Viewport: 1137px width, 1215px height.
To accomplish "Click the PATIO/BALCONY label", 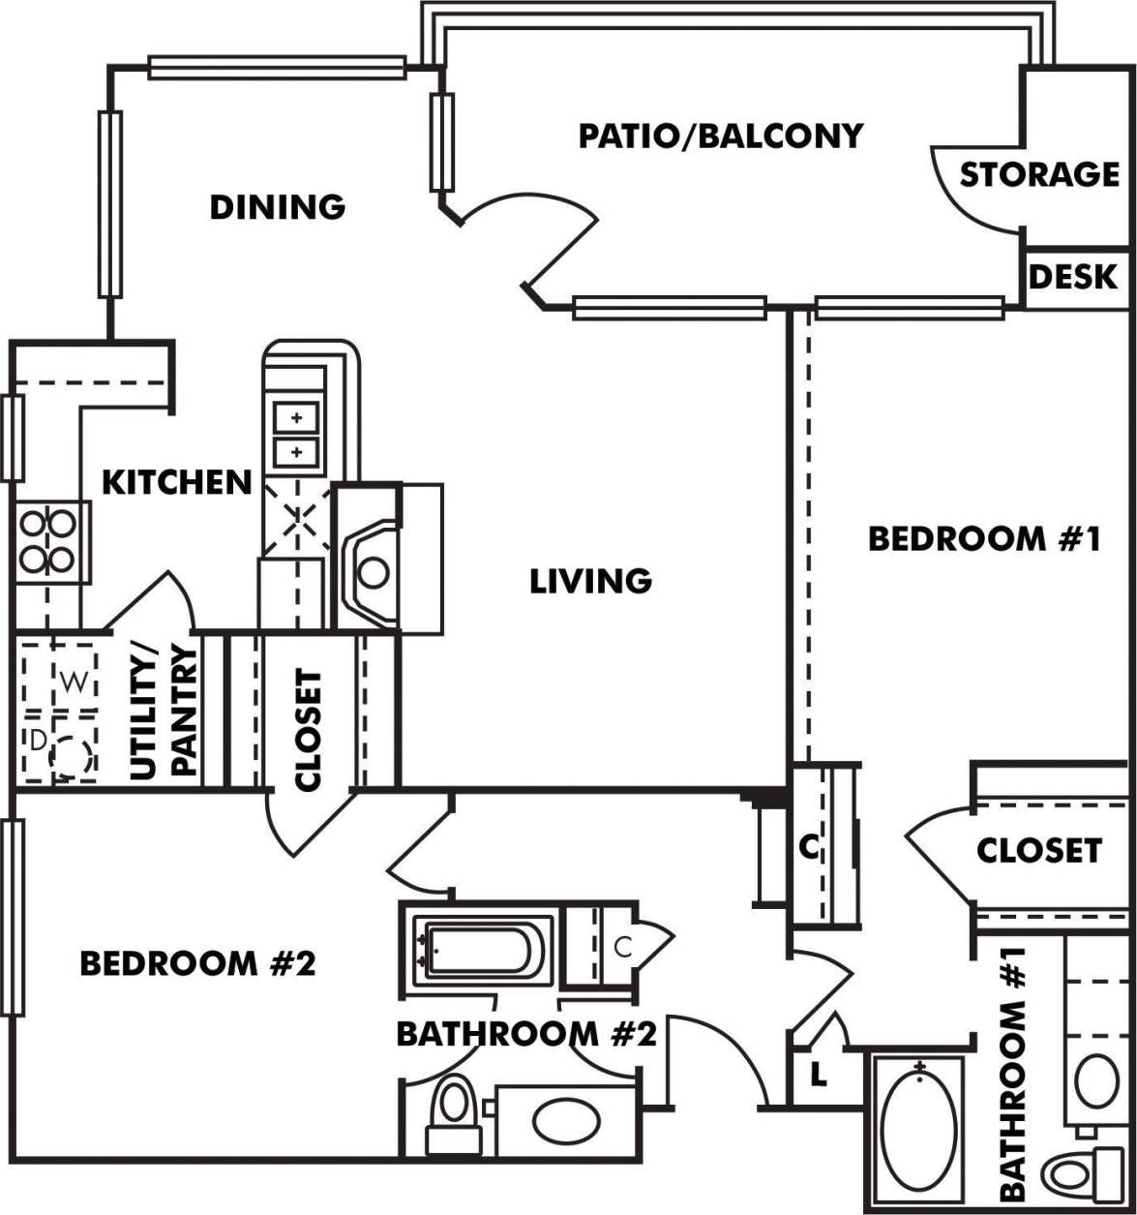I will tap(720, 136).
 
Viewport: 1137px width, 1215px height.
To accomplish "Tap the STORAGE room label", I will tap(1038, 175).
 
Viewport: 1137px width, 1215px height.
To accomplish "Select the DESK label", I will tap(1072, 278).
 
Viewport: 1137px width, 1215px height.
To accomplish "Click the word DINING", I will tap(277, 206).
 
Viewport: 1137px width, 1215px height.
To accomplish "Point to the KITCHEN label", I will tap(177, 481).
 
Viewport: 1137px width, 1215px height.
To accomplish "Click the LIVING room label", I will tap(590, 581).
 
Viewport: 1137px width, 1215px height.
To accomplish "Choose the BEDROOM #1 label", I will tap(983, 538).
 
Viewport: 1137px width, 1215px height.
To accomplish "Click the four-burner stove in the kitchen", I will tap(48, 542).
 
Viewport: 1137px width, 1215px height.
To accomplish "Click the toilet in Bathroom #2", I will tap(453, 1113).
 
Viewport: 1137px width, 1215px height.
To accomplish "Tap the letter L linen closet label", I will tap(818, 1075).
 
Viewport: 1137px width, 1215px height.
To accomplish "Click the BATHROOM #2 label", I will tap(526, 1034).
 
